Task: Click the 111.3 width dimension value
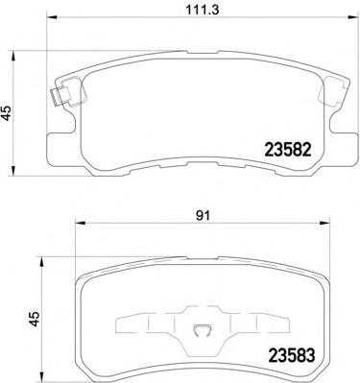(x=203, y=10)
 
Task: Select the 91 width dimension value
(x=203, y=216)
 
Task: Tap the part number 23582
(x=288, y=150)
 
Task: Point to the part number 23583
(x=292, y=355)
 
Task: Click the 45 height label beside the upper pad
(x=7, y=112)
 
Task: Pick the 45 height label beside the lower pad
(x=35, y=319)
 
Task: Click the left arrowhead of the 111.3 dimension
(x=52, y=17)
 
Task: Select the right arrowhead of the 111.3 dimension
(x=353, y=17)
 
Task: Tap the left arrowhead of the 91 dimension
(x=80, y=222)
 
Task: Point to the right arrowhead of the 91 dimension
(x=324, y=222)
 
